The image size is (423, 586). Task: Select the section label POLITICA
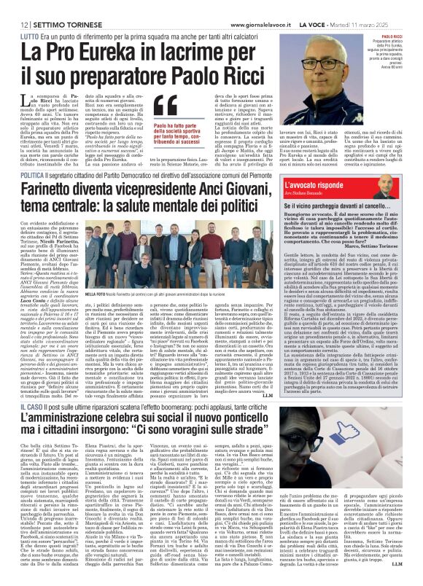pos(31,176)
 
